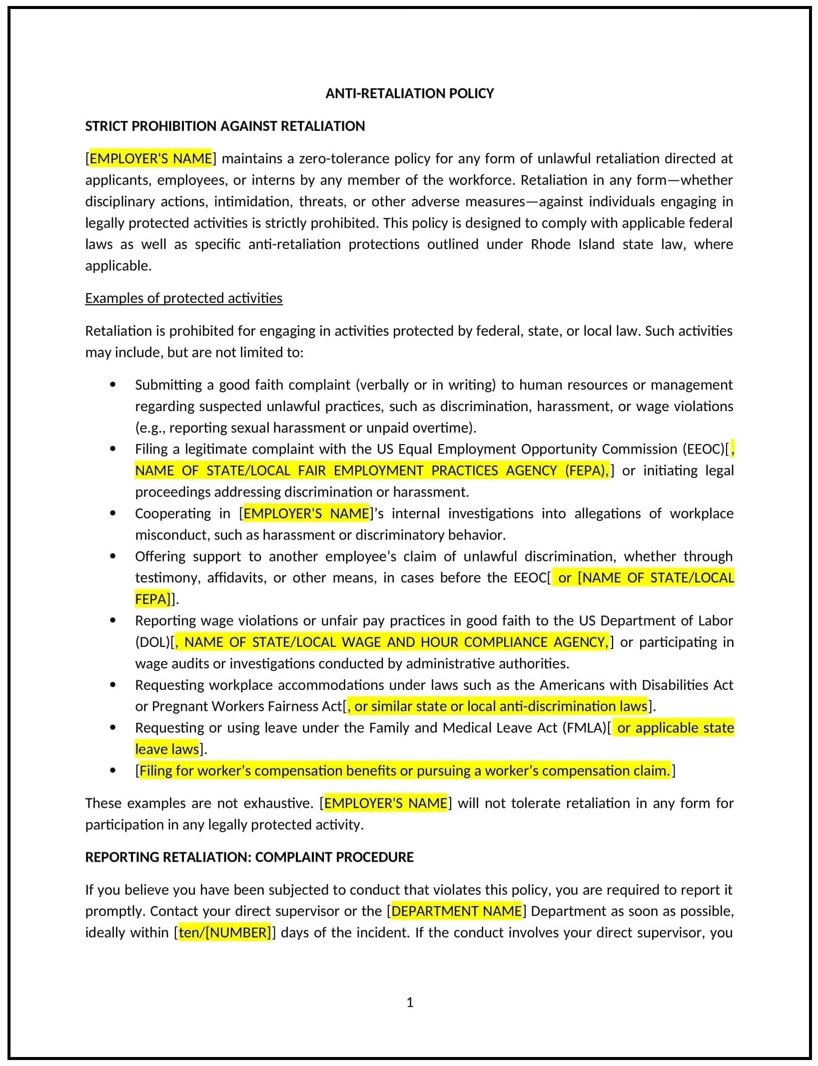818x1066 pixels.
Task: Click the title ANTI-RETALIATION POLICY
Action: click(x=409, y=93)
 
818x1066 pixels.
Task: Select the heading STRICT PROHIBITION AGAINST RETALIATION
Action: click(x=225, y=126)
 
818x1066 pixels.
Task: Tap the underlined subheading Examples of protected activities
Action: click(x=183, y=298)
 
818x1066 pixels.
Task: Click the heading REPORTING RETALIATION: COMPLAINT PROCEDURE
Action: click(x=249, y=857)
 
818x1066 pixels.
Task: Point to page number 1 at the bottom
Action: click(x=410, y=1002)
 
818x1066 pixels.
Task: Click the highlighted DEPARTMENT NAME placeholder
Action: click(x=456, y=911)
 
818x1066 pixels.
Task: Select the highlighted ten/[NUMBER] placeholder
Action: click(x=225, y=933)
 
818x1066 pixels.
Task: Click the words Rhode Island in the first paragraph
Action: click(x=572, y=244)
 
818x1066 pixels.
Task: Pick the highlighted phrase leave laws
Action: click(x=167, y=749)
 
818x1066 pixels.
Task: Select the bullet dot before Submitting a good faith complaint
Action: click(x=113, y=385)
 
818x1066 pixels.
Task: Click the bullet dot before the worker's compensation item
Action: click(x=113, y=771)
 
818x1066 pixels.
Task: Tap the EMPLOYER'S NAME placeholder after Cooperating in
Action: click(x=306, y=514)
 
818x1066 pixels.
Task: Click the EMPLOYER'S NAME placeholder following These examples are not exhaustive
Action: click(x=386, y=803)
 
